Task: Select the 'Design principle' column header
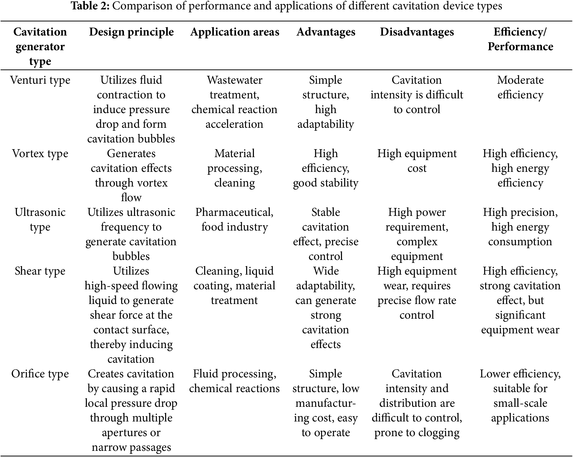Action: [x=131, y=32]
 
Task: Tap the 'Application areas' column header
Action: [x=235, y=32]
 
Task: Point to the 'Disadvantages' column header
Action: [x=417, y=32]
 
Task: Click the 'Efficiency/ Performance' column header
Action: [x=520, y=39]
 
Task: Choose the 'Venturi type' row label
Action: [x=40, y=80]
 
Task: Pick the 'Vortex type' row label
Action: [x=40, y=154]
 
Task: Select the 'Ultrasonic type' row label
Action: [x=40, y=219]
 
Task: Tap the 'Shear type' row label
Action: [x=40, y=271]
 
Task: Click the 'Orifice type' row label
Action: [x=40, y=374]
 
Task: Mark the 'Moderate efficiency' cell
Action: [x=520, y=87]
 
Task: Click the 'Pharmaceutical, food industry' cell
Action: [x=235, y=219]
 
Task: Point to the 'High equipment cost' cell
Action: [x=417, y=161]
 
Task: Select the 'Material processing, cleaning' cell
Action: [x=235, y=168]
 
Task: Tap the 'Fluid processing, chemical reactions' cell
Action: [x=235, y=381]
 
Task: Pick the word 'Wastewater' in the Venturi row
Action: [x=235, y=80]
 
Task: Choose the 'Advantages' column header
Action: [x=326, y=32]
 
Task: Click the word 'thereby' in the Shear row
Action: [x=107, y=345]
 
